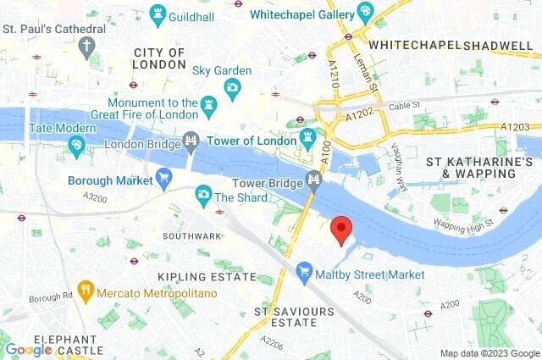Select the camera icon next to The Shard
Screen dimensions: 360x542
point(203,197)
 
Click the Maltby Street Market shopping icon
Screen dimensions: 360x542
point(305,274)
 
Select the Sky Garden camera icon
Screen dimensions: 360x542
point(232,86)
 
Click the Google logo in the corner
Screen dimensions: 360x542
point(29,349)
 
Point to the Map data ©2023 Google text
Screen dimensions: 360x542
point(489,352)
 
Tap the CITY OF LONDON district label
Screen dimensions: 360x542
point(158,58)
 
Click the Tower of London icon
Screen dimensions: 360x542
point(308,136)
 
